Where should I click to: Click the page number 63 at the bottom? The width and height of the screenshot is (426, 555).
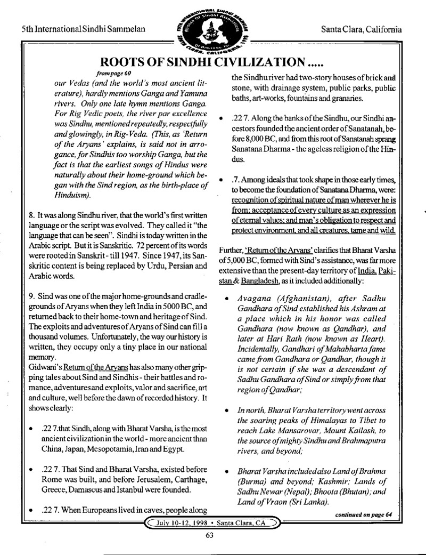pos(209,536)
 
